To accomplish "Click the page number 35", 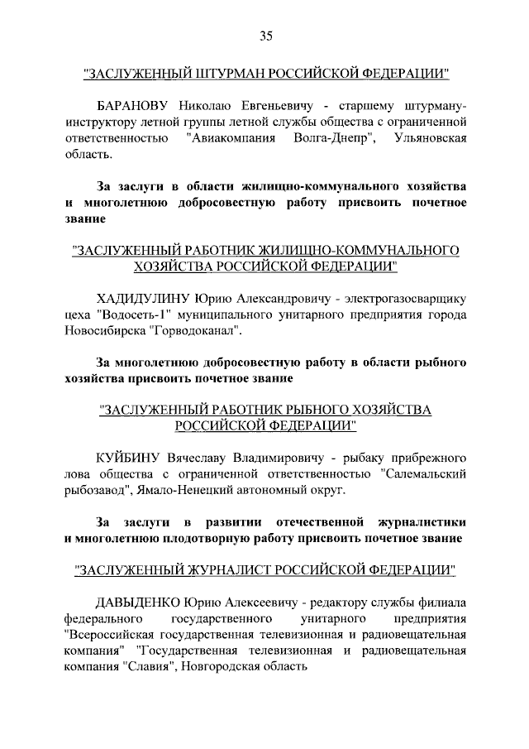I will (265, 35).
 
